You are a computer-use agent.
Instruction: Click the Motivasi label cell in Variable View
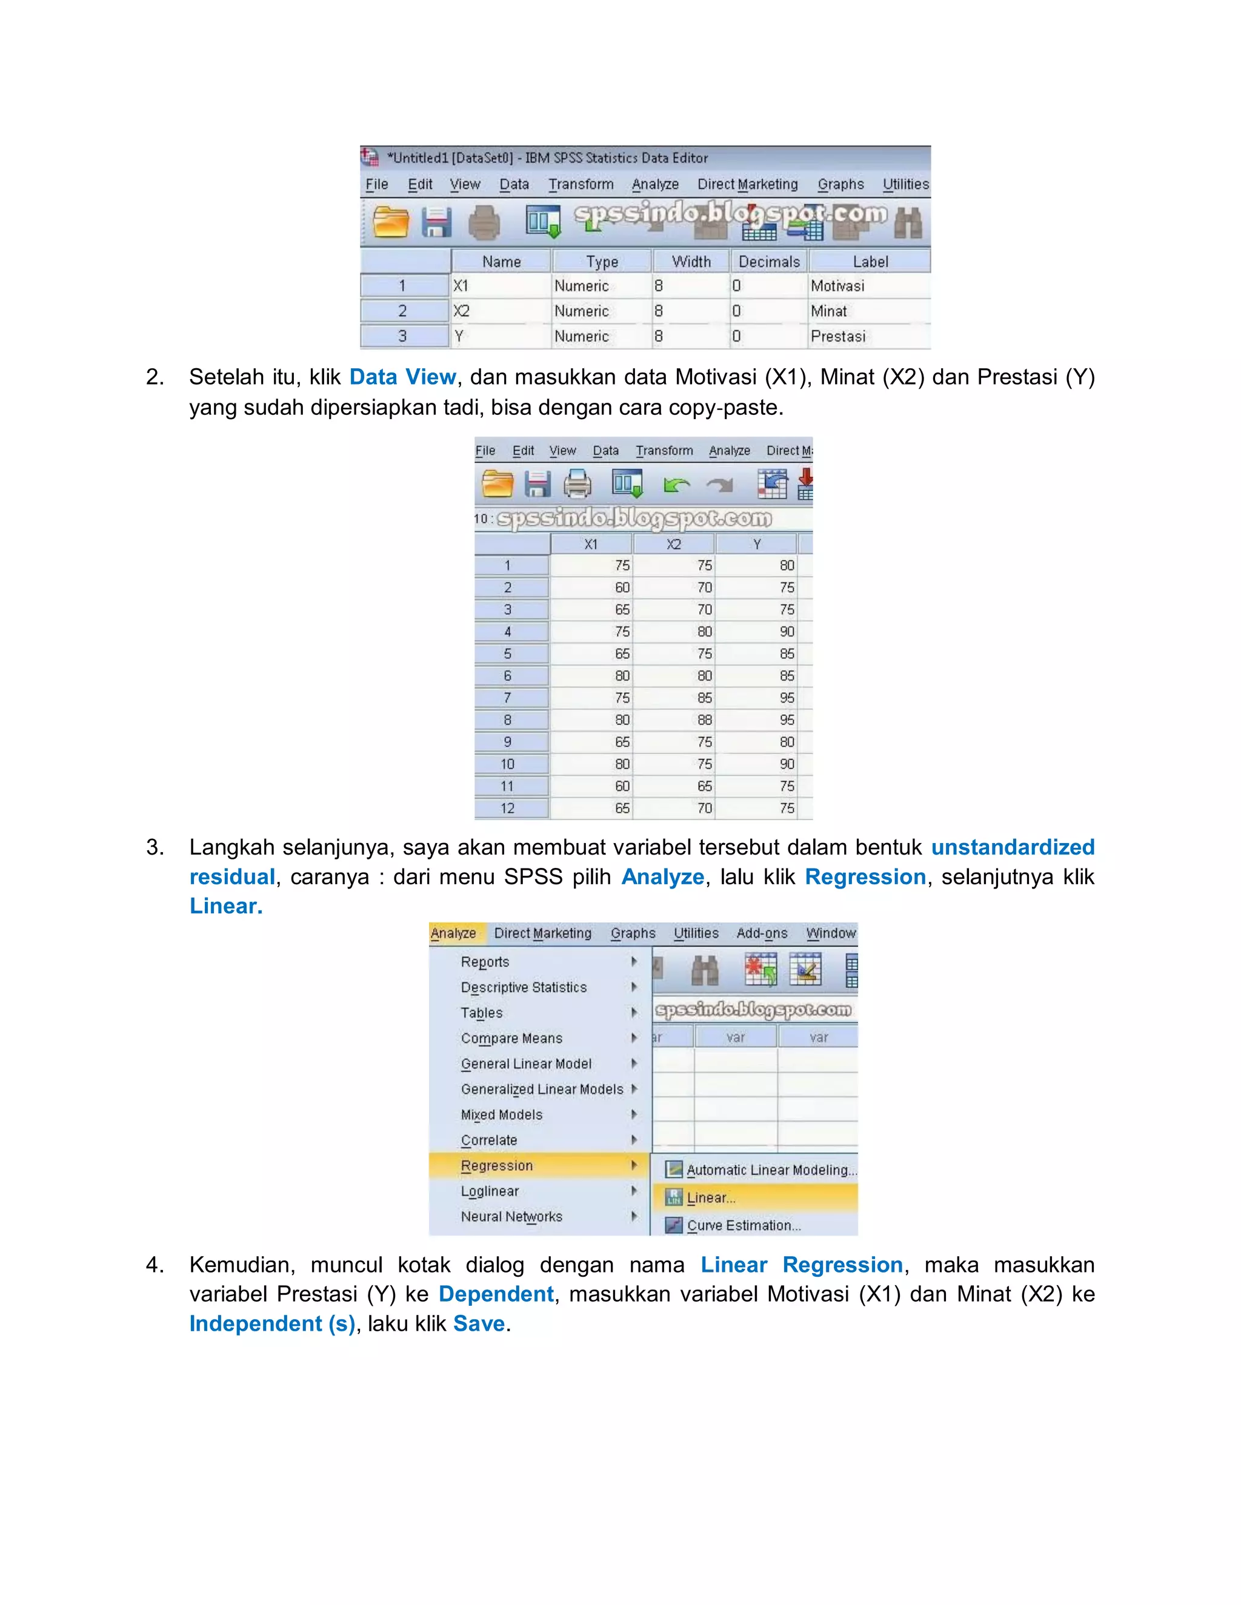tap(838, 286)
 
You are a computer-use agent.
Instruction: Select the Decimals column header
tap(769, 262)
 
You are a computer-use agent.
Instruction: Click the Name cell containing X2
tap(462, 311)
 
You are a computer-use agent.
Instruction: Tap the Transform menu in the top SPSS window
tap(581, 185)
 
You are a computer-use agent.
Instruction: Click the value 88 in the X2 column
tap(704, 720)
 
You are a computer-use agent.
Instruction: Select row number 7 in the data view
tap(507, 698)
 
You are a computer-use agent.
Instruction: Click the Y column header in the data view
tap(756, 544)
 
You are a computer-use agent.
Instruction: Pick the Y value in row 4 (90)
tap(787, 632)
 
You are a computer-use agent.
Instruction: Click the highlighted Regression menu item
tap(497, 1165)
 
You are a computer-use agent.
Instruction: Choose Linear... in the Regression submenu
tap(711, 1198)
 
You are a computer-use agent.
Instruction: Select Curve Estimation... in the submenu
tap(744, 1225)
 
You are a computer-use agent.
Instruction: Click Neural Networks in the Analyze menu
tap(511, 1216)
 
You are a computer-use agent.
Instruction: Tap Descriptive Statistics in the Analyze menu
tap(524, 988)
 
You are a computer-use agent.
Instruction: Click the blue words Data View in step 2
tap(402, 377)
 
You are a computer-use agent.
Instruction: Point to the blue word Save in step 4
tap(479, 1323)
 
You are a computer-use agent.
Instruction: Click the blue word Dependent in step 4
tap(496, 1294)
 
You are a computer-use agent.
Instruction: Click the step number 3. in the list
tap(155, 847)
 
